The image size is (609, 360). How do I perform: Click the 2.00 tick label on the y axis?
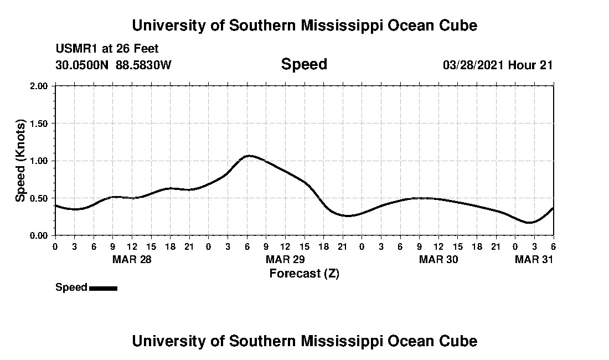tap(40, 86)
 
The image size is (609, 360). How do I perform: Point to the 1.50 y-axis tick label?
tap(40, 124)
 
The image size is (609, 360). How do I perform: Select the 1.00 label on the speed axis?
tap(40, 161)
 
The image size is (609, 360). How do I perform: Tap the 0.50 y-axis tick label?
tap(40, 198)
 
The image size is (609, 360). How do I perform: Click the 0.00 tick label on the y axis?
tap(40, 236)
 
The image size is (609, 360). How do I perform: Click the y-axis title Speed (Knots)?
tap(20, 161)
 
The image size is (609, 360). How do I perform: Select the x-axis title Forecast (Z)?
tap(304, 273)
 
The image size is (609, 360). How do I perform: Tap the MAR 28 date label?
tap(132, 259)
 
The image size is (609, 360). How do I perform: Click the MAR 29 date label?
tap(285, 259)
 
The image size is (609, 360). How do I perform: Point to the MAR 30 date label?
tap(438, 259)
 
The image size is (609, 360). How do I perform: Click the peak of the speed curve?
tap(250, 156)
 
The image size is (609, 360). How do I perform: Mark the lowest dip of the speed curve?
tap(530, 223)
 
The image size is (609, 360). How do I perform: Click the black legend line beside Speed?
tap(103, 288)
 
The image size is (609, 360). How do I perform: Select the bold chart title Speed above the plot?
tap(304, 64)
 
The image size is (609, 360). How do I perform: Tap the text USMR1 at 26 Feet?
tap(107, 49)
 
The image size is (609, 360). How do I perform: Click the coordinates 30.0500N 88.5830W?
tap(113, 65)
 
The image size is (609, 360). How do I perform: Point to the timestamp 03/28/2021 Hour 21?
tap(498, 65)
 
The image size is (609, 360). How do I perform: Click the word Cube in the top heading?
tap(457, 25)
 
